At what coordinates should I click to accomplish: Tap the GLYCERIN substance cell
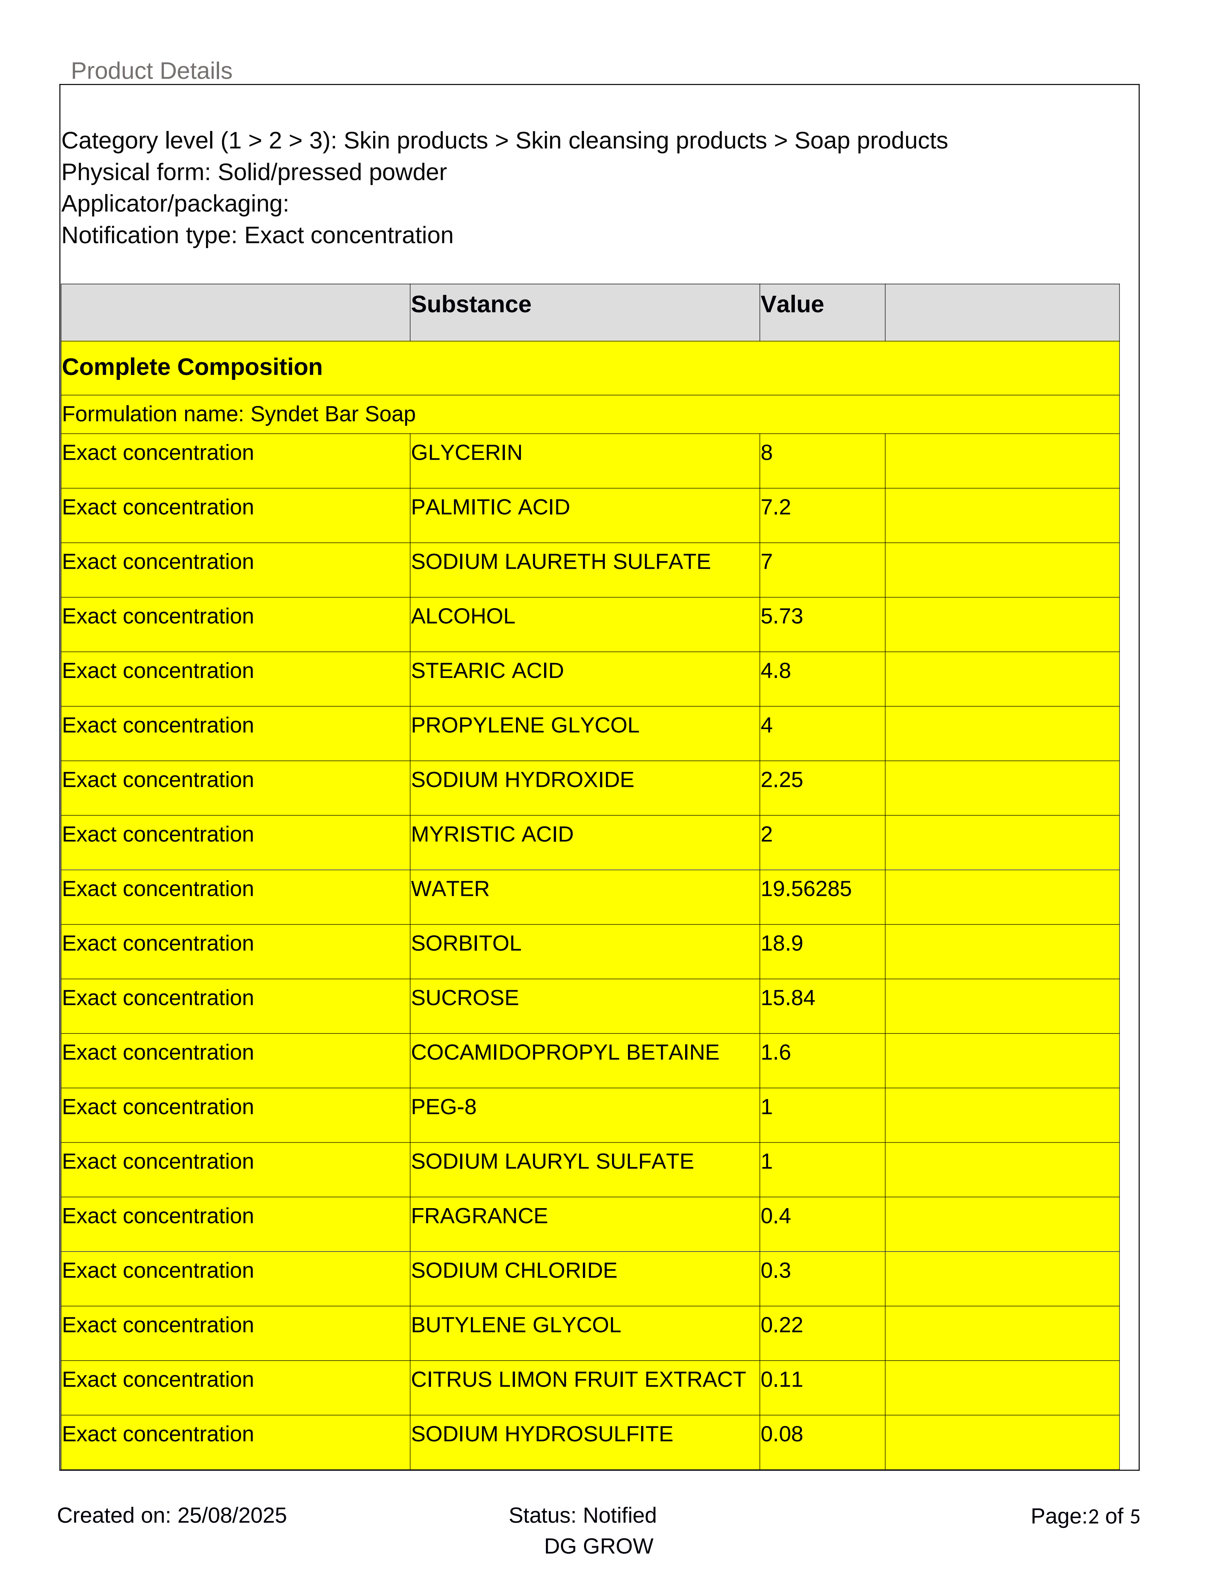pos(466,453)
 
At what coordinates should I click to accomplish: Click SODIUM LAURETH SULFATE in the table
pos(560,562)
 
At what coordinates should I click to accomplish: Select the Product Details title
pos(152,71)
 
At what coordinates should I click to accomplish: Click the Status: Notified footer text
pos(582,1516)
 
